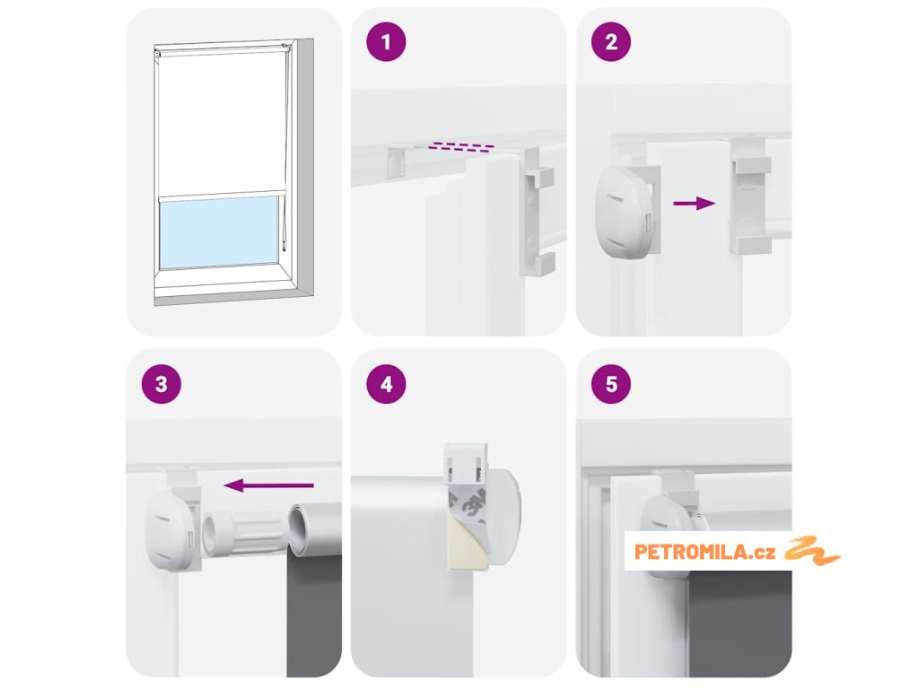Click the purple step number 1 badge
pyautogui.click(x=386, y=41)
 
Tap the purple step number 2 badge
pyautogui.click(x=610, y=41)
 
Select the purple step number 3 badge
pyautogui.click(x=162, y=384)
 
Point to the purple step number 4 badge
pyautogui.click(x=386, y=384)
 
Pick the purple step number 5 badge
pyautogui.click(x=610, y=384)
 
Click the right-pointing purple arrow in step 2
pyautogui.click(x=695, y=204)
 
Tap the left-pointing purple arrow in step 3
pyautogui.click(x=269, y=485)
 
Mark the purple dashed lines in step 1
pyautogui.click(x=460, y=146)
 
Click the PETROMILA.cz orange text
pyautogui.click(x=705, y=552)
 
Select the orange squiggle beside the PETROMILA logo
pyautogui.click(x=812, y=551)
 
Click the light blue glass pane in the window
pyautogui.click(x=219, y=232)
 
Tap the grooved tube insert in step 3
pyautogui.click(x=245, y=531)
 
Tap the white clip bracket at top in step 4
pyautogui.click(x=466, y=464)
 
